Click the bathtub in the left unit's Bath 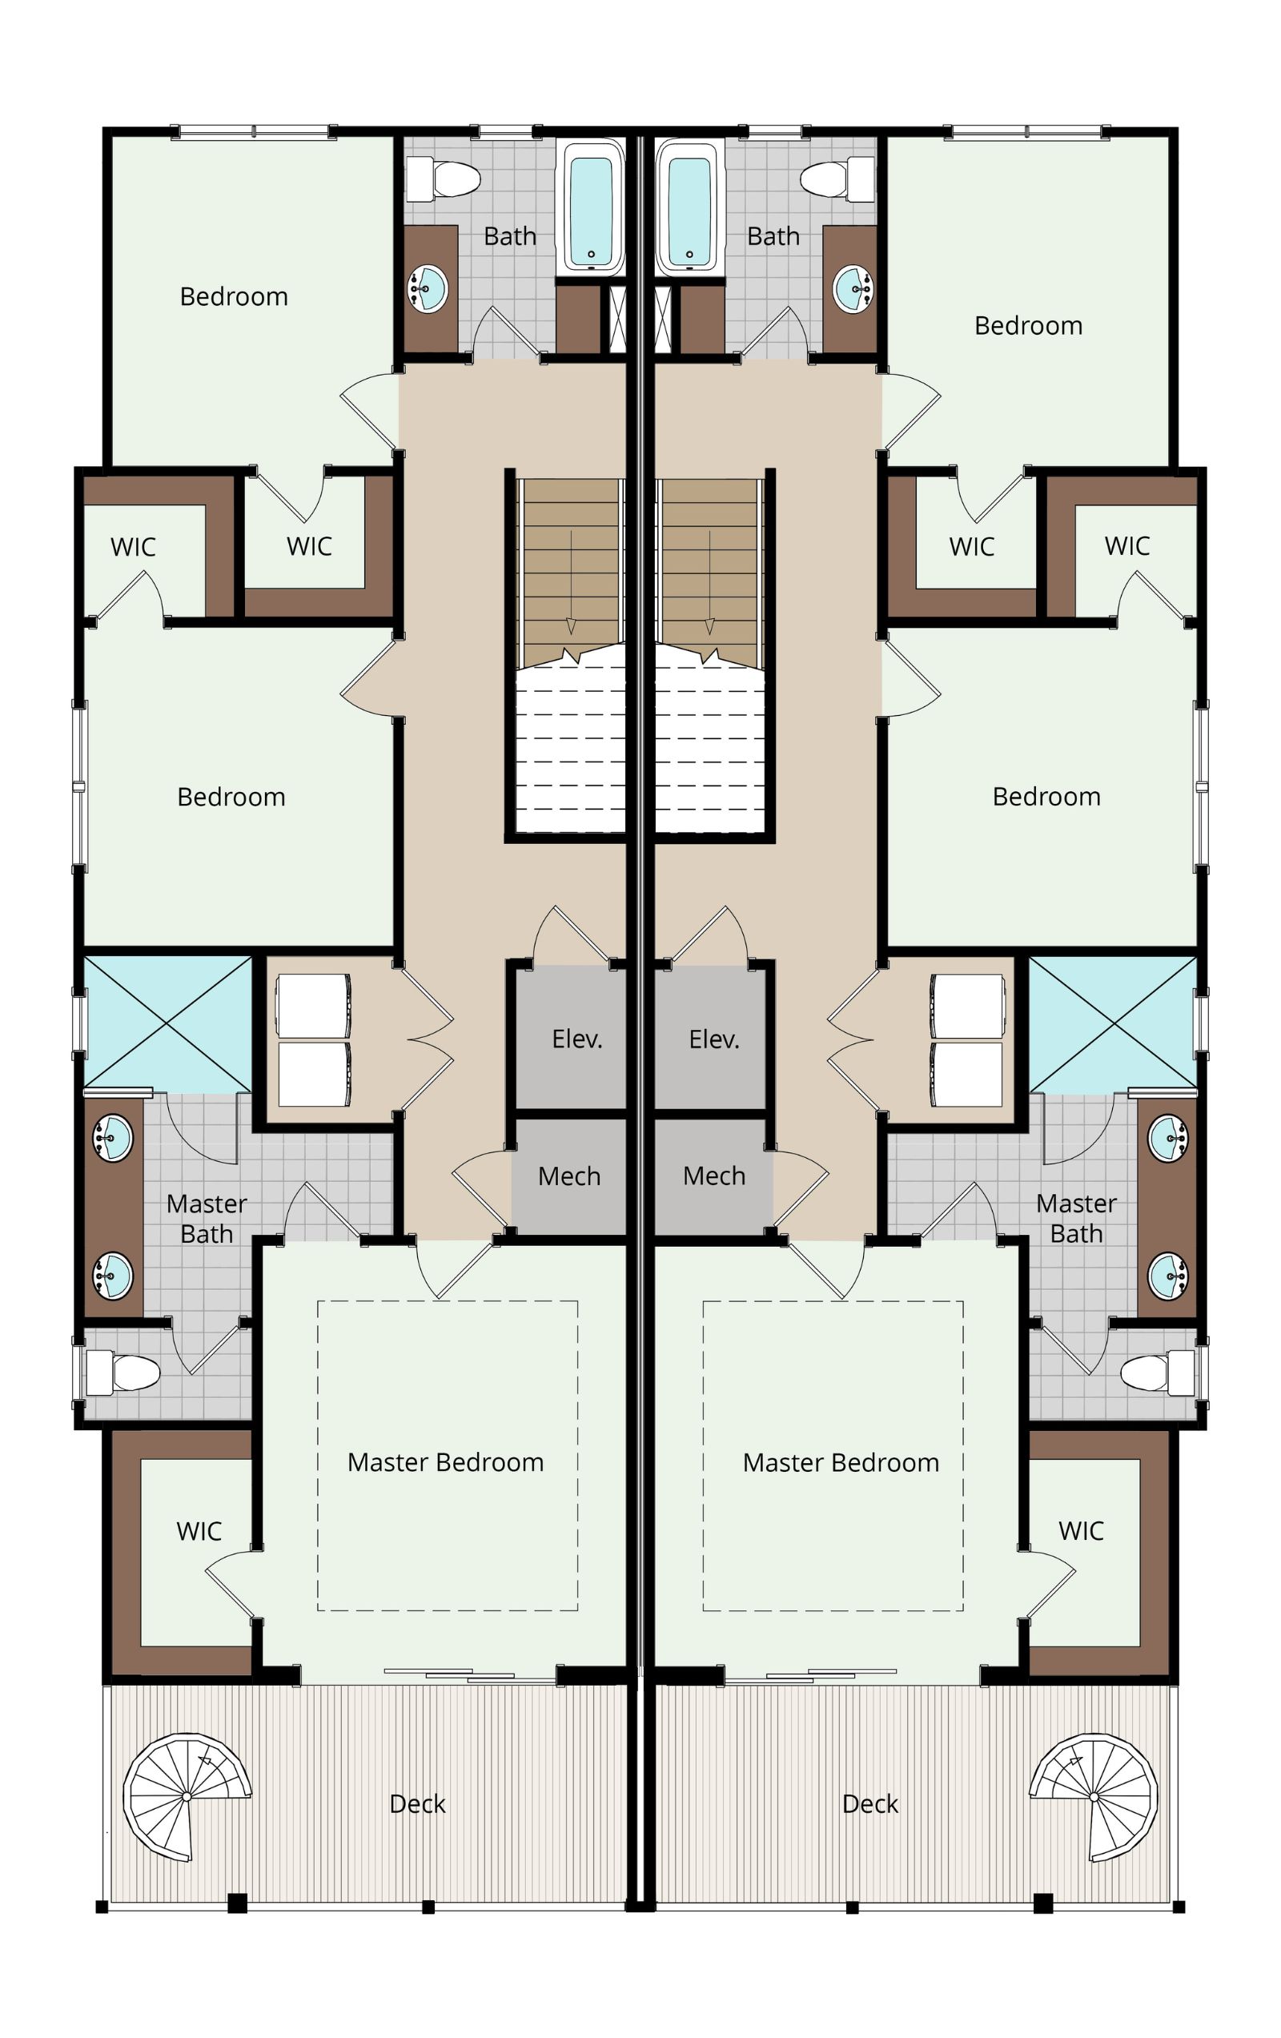point(590,207)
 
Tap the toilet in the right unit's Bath point(837,179)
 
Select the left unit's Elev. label point(577,1039)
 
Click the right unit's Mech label point(714,1176)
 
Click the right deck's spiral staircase point(1093,1796)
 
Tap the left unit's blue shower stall point(167,1023)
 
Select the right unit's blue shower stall point(1113,1023)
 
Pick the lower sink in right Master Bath point(1168,1276)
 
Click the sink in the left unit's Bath point(428,287)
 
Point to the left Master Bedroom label point(445,1461)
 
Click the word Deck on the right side point(869,1803)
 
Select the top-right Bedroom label point(1028,325)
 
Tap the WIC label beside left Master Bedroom point(199,1530)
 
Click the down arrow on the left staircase point(571,582)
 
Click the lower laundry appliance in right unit point(967,1074)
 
